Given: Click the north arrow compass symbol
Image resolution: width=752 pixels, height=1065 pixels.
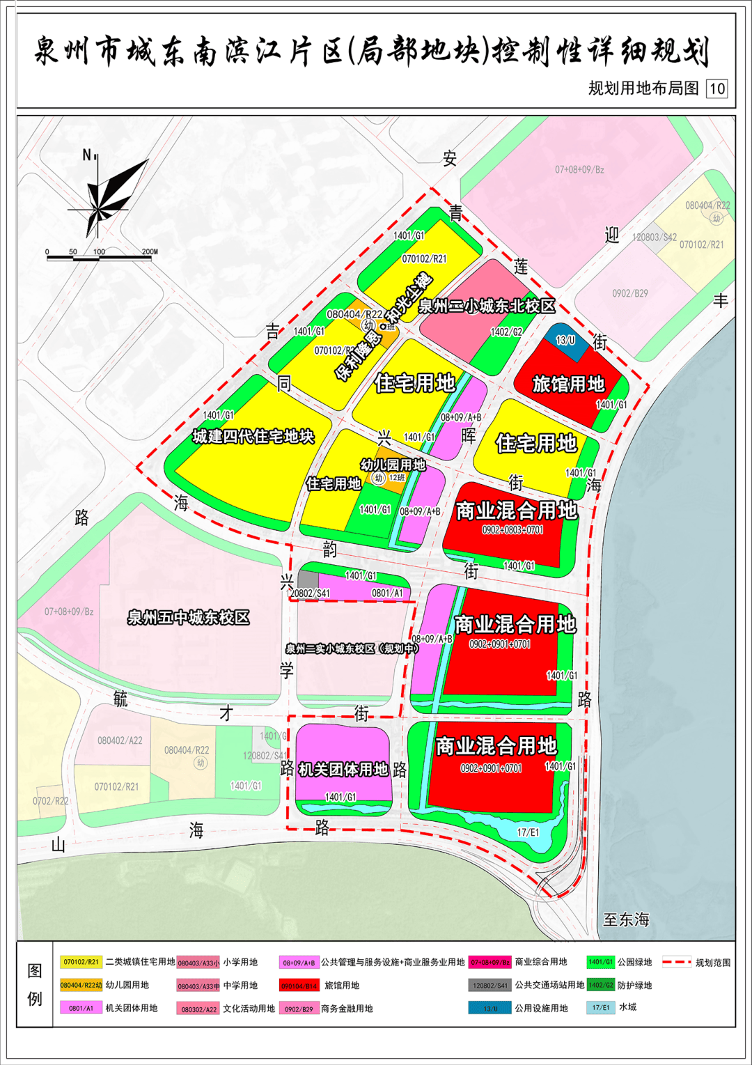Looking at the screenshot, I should click(104, 199).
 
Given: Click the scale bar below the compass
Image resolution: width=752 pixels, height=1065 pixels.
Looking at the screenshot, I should click(99, 258).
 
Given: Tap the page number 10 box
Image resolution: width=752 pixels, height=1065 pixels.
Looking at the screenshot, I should click(716, 88).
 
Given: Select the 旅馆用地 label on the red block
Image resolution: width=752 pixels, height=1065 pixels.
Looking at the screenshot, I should click(568, 384).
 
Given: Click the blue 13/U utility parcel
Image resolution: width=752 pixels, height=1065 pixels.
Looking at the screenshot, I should click(566, 341).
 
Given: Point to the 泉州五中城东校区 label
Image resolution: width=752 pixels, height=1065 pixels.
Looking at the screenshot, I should click(188, 617).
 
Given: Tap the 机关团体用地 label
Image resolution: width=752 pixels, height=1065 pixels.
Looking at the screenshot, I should click(343, 769).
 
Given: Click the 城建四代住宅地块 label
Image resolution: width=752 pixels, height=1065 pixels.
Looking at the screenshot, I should click(253, 437).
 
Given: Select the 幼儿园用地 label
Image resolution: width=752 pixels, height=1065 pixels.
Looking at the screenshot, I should click(393, 465).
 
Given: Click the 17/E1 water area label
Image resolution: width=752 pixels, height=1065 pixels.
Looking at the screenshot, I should click(528, 832).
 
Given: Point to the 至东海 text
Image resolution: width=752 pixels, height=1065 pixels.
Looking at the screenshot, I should click(626, 919).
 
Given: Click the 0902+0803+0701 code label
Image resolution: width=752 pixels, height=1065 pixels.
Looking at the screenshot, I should click(512, 530).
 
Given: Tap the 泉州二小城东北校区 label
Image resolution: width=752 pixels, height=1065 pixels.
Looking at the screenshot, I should click(487, 306).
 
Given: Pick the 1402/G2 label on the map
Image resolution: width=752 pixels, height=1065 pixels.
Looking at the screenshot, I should click(506, 332).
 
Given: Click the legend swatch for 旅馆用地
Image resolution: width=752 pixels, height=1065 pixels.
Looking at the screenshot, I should click(299, 986).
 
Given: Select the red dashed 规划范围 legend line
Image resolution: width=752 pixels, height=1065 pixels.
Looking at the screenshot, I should click(675, 963).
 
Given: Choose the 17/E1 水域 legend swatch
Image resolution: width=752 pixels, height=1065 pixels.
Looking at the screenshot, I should click(600, 1007).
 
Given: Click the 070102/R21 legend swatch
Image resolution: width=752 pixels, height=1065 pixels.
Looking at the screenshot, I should click(81, 962).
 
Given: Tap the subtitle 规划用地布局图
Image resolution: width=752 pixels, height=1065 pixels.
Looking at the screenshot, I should click(643, 88).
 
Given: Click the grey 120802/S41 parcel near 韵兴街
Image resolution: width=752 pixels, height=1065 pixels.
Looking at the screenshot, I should click(308, 580).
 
